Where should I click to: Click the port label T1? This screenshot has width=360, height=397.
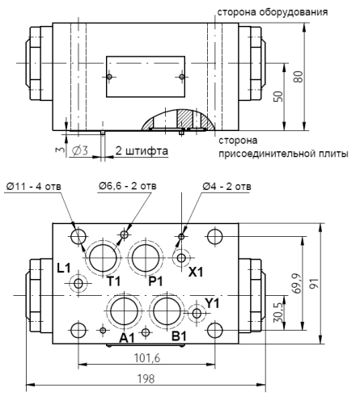(114, 280)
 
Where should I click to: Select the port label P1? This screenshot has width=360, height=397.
(156, 280)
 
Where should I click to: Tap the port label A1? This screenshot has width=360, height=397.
(127, 338)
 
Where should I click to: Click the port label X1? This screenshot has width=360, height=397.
(197, 273)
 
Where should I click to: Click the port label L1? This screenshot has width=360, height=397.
(66, 267)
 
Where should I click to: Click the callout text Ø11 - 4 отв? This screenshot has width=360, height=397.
(37, 187)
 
